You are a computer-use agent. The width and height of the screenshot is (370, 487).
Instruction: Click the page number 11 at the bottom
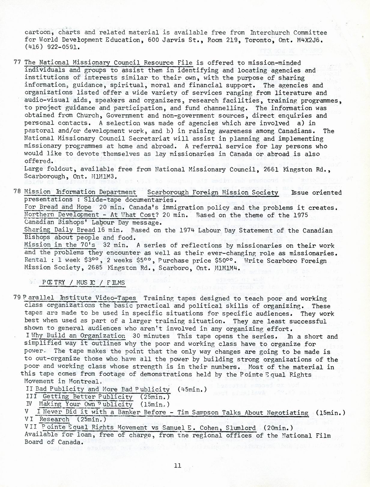tap(177, 465)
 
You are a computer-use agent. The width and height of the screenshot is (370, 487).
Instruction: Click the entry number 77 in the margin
tap(17, 62)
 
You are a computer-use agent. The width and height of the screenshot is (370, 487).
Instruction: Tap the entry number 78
tap(17, 192)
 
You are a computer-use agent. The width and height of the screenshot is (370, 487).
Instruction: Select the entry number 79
tap(17, 297)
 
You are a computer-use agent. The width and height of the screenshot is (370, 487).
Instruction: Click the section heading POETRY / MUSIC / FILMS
tap(83, 282)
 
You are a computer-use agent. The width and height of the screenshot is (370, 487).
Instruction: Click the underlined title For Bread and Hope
tap(58, 207)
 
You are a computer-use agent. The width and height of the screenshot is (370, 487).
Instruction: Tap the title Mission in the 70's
tap(60, 245)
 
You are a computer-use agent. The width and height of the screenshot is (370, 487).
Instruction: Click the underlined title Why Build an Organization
tap(78, 336)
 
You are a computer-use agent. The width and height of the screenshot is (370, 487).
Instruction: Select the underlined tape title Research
tap(54, 419)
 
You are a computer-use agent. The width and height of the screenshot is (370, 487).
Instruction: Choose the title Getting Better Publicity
tap(87, 397)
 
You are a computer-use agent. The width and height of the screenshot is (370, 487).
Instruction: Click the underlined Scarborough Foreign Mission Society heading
tap(213, 192)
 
